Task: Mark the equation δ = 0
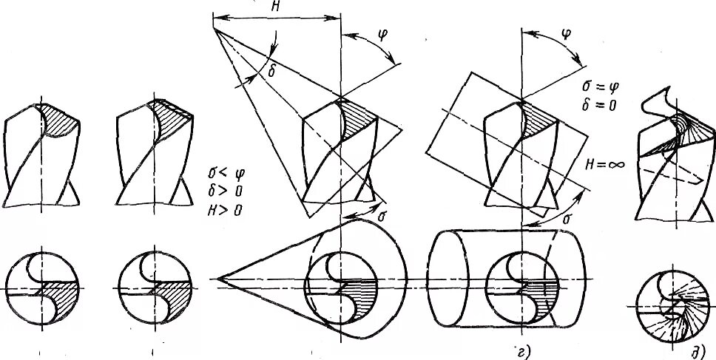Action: tap(599, 106)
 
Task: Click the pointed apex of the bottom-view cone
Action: tap(218, 279)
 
